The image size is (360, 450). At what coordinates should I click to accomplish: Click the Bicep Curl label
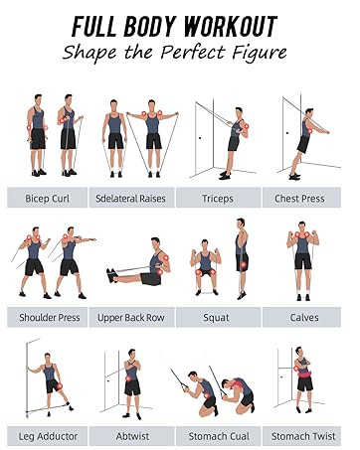48,199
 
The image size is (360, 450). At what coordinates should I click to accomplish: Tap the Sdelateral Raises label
132,199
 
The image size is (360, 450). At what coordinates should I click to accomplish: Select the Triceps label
218,199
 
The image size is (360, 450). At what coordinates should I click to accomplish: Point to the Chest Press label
300,199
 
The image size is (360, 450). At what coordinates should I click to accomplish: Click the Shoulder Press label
48,318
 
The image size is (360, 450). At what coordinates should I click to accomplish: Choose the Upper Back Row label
132,318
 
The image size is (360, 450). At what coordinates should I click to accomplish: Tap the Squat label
218,318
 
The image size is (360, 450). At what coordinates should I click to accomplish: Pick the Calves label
300,318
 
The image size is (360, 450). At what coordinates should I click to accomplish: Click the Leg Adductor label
48,436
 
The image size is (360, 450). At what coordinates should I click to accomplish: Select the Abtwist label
132,436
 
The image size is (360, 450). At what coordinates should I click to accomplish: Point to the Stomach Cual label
218,436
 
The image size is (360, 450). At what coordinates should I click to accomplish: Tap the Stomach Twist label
300,436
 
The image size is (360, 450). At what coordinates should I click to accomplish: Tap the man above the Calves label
301,253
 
